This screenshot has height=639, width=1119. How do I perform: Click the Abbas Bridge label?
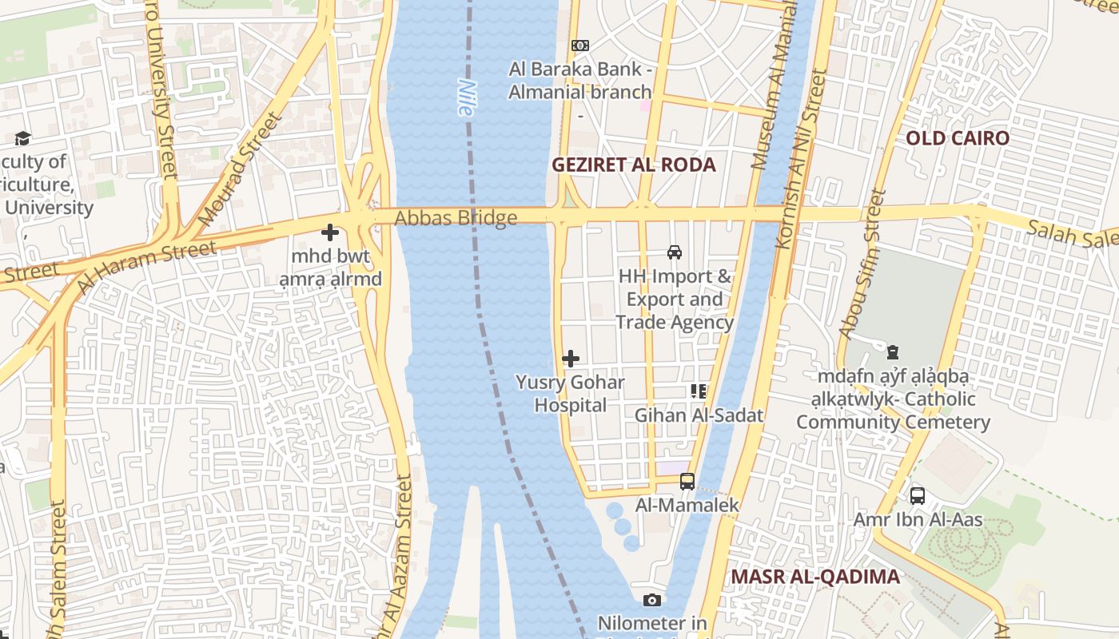click(456, 218)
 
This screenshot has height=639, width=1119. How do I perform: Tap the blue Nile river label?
click(466, 97)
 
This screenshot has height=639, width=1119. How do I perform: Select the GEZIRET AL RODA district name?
click(634, 165)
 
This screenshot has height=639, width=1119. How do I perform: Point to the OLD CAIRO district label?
click(957, 138)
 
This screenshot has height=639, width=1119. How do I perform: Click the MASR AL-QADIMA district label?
click(815, 577)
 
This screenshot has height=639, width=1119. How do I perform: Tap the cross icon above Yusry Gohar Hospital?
click(571, 359)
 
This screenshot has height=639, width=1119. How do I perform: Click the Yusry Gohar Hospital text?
click(570, 394)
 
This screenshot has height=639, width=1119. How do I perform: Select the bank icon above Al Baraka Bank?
click(580, 46)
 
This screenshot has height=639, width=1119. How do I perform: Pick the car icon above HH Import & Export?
click(675, 252)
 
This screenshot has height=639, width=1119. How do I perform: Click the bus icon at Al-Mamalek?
click(687, 482)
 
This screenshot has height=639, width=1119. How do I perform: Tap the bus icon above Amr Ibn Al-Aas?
click(918, 496)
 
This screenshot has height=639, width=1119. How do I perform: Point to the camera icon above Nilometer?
click(652, 600)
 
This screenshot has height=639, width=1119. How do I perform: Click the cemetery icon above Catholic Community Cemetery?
click(893, 351)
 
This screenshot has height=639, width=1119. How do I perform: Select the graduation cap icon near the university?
click(22, 139)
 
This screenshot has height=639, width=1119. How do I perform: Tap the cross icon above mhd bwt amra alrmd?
click(329, 233)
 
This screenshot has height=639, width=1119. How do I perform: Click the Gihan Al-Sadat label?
click(699, 415)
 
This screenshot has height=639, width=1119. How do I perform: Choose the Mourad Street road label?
click(240, 169)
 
